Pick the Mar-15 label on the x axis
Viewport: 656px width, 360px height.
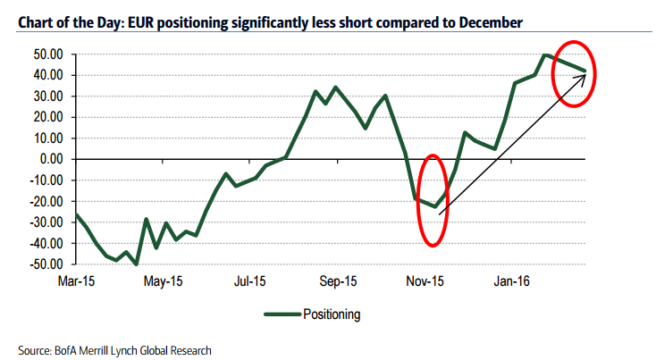pos(77,280)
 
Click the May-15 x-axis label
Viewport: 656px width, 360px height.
pos(164,280)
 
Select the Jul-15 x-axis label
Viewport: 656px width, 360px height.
pos(251,280)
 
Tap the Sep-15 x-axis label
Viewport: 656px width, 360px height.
pos(339,280)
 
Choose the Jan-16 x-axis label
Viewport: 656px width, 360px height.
pos(512,280)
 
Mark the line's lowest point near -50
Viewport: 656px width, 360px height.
pos(136,264)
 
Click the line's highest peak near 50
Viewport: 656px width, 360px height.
pos(545,55)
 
